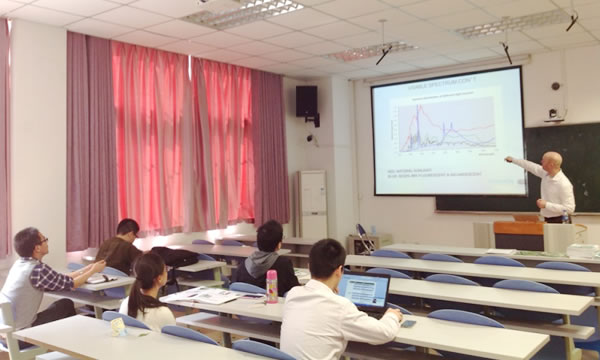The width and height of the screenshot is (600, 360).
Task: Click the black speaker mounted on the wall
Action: pyautogui.click(x=306, y=102)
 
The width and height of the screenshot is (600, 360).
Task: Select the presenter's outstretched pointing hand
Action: pyautogui.click(x=509, y=159)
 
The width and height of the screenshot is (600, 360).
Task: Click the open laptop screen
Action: pyautogui.click(x=363, y=291)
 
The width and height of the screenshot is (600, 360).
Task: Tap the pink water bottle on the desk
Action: pyautogui.click(x=271, y=286)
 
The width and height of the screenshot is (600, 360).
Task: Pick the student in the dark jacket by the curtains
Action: pyautogui.click(x=122, y=245)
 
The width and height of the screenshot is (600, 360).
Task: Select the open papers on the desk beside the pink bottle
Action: pyautogui.click(x=205, y=295)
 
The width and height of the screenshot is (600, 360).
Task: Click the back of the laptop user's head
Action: pyautogui.click(x=327, y=260)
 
